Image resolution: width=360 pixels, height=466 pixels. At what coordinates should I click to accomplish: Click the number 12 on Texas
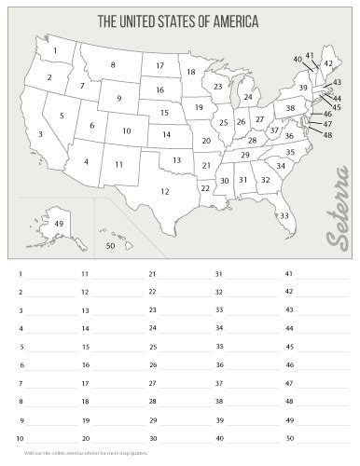(164, 192)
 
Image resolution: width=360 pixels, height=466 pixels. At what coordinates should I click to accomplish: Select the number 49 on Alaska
(59, 225)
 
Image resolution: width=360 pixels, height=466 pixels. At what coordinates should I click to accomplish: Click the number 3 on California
(40, 135)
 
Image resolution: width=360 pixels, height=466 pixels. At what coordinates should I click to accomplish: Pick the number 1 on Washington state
(56, 50)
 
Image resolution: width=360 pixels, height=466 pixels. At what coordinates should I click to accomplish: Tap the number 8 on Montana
(113, 64)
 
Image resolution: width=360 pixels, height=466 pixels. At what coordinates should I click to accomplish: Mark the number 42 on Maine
(328, 63)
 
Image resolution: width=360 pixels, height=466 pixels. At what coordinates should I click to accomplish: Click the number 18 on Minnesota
(190, 72)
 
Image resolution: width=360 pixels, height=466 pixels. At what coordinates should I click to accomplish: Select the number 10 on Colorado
(126, 131)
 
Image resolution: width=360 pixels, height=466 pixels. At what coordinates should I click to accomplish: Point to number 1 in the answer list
(20, 274)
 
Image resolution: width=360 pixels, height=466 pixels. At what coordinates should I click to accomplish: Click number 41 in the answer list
(289, 274)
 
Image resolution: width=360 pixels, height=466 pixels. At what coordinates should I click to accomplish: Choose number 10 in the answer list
(21, 437)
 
